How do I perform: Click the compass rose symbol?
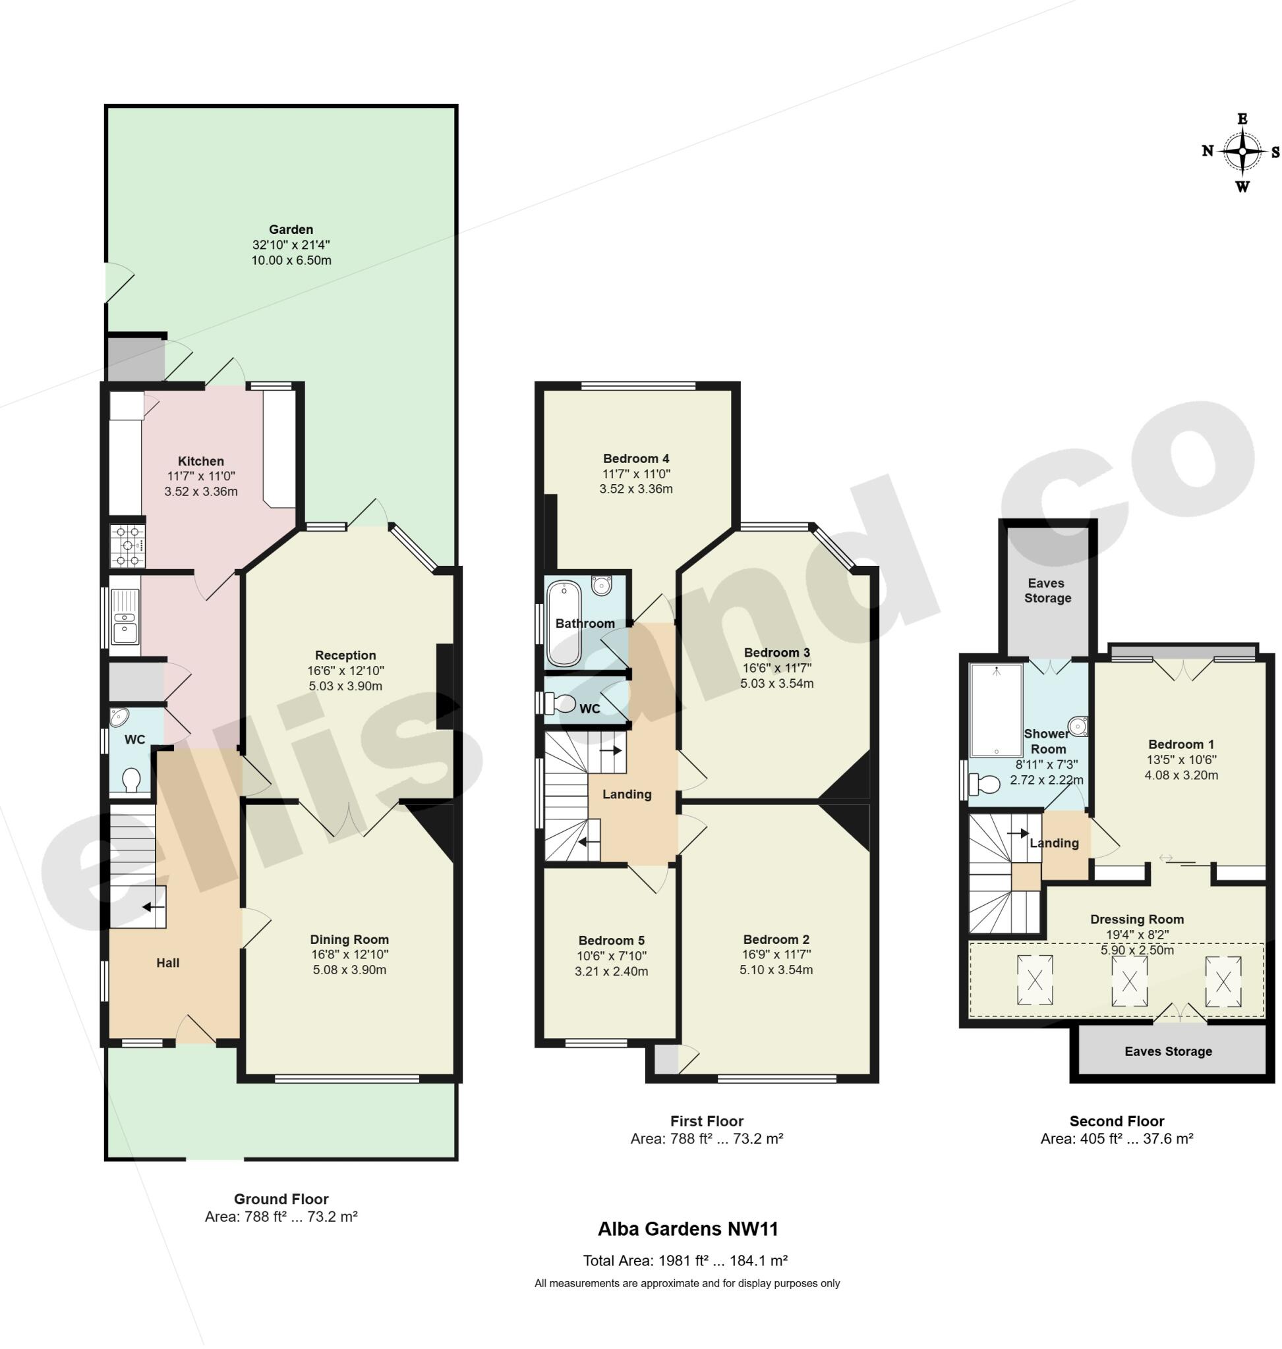pos(1242,151)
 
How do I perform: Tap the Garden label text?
pos(291,229)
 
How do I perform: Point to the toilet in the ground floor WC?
pos(131,779)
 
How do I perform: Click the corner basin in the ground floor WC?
pos(119,717)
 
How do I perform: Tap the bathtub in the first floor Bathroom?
pos(564,623)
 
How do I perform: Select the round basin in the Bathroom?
pos(601,586)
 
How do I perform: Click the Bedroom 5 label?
pos(611,941)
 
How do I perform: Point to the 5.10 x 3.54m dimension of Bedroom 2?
pos(776,970)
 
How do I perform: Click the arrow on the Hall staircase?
pos(153,907)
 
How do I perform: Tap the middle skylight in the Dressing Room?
pos(1129,981)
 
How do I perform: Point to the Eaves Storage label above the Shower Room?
pos(1047,590)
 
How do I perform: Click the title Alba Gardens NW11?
pos(687,1228)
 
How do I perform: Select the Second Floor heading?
pos(1116,1121)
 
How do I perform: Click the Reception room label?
pos(345,655)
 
